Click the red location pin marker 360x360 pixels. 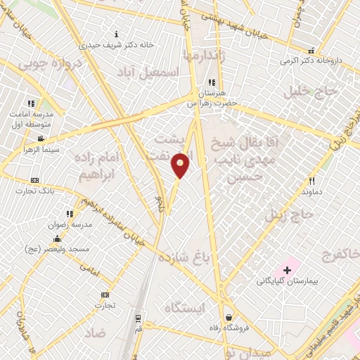click(181, 165)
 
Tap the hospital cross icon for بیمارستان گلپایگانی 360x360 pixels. click(287, 270)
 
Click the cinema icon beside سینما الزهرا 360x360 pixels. click(41, 138)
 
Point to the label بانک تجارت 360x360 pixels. click(39, 191)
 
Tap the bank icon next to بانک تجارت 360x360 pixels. click(34, 180)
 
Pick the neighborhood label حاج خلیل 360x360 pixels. click(306, 91)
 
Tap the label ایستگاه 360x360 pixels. click(183, 308)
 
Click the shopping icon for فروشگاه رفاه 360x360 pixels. click(228, 316)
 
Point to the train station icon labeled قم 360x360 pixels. click(138, 318)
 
